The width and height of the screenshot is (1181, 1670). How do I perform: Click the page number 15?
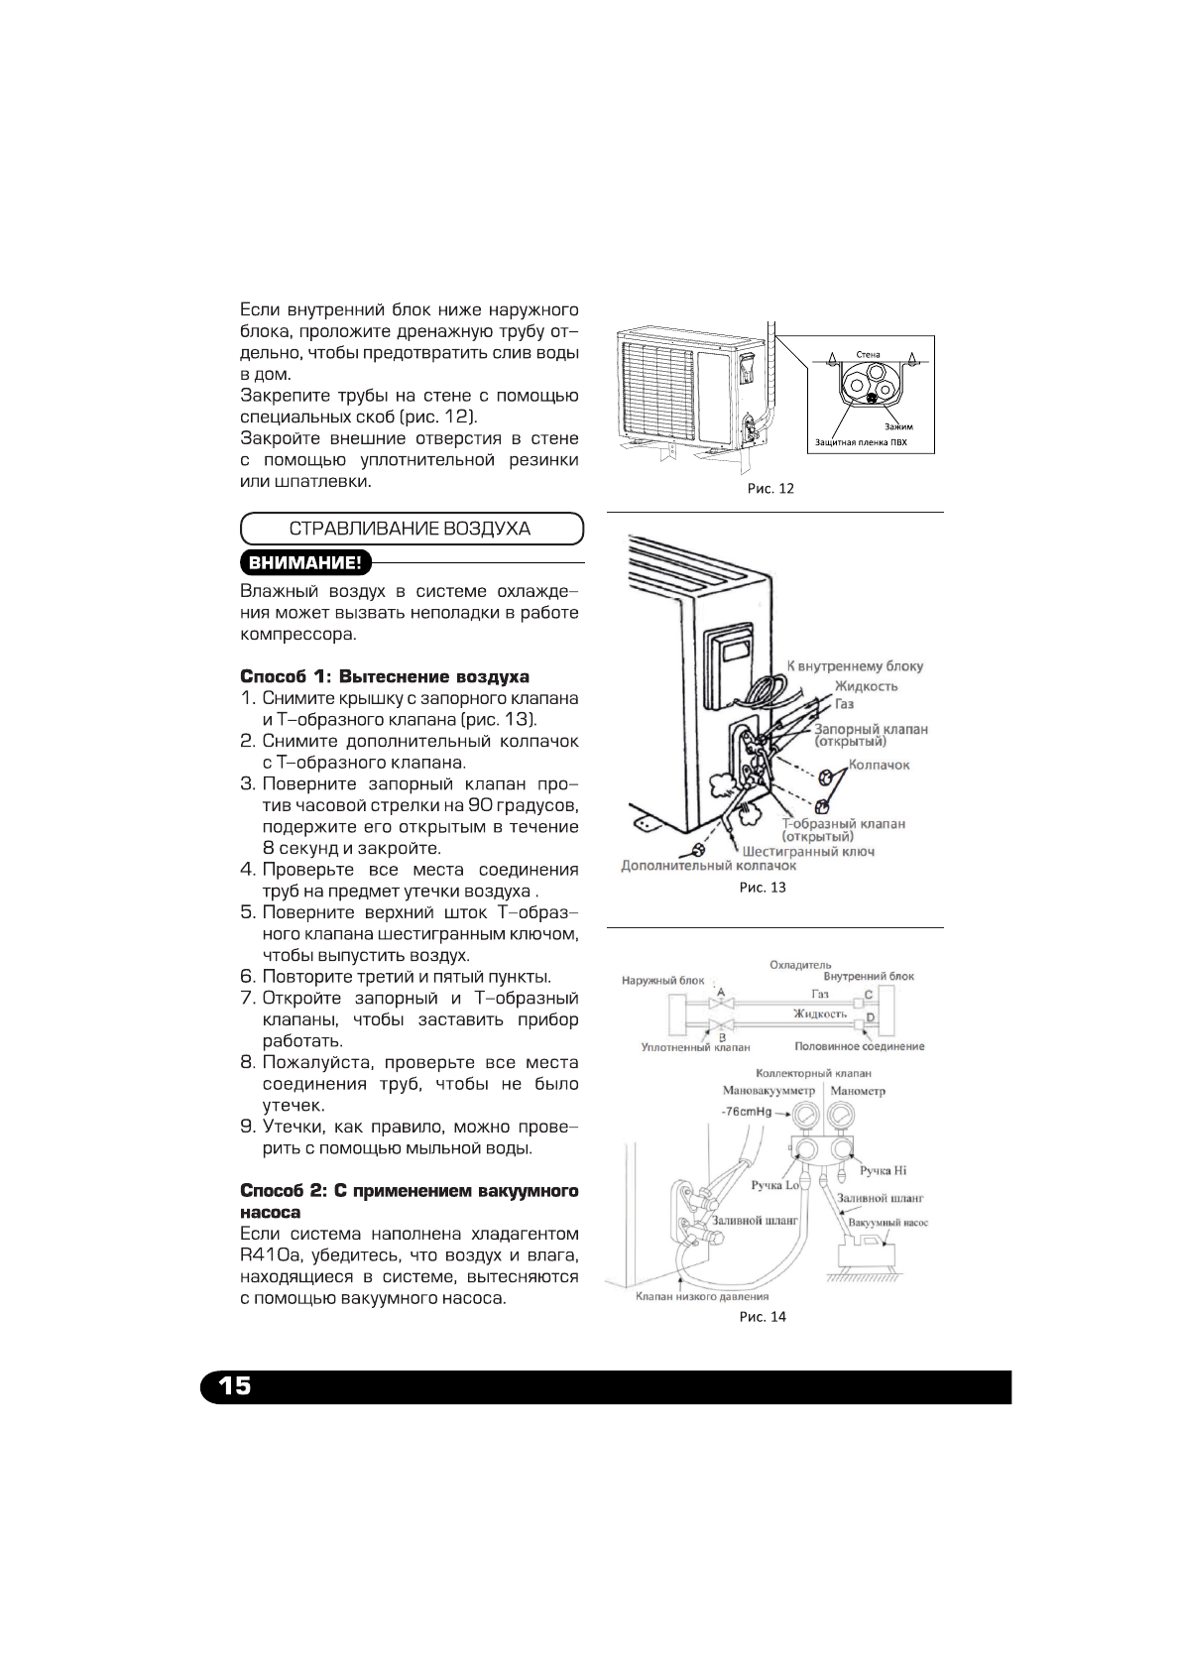(236, 1385)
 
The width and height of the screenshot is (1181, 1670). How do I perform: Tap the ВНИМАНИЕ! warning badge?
(305, 564)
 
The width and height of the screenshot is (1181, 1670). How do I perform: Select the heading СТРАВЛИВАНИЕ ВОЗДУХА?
(410, 529)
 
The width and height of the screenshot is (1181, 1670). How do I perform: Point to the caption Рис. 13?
(763, 888)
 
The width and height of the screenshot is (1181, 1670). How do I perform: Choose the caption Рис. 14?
(763, 1317)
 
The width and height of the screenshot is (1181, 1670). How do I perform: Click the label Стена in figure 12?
(868, 354)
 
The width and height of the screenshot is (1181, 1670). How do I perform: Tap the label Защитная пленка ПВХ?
(860, 441)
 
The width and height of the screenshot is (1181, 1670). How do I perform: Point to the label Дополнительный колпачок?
(708, 866)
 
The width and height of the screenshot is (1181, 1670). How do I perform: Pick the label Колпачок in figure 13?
(880, 765)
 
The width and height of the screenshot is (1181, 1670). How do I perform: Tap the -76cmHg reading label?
(747, 1112)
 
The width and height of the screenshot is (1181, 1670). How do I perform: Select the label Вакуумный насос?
(888, 1223)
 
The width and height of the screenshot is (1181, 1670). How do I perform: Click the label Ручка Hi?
(883, 1171)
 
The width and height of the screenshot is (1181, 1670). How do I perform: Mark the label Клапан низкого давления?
(702, 1296)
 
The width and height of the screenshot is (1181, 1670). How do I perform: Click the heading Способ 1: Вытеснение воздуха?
(385, 677)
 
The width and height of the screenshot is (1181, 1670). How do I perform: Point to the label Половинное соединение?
(860, 1046)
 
